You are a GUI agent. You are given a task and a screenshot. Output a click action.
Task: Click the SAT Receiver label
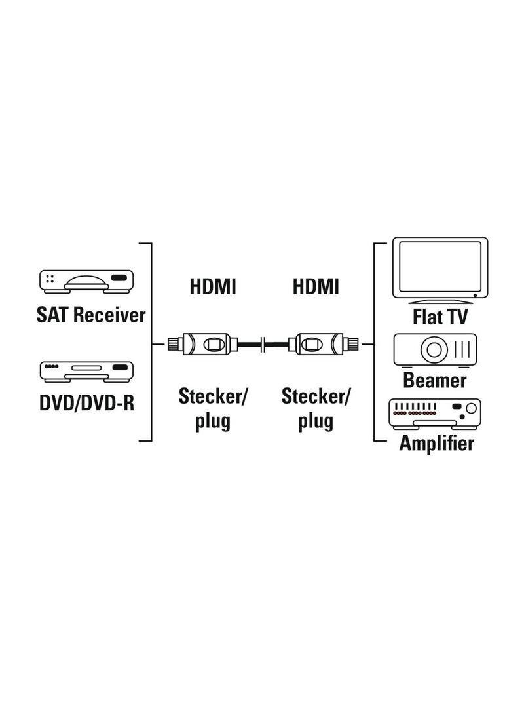tap(90, 315)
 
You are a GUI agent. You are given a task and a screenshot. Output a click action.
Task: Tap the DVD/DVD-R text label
tap(86, 402)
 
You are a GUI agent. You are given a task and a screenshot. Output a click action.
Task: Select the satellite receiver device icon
tap(86, 281)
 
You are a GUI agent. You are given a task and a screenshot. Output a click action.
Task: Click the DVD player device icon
tap(86, 372)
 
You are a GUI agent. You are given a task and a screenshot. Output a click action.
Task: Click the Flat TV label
tap(440, 317)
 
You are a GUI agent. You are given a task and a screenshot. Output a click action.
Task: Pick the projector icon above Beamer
tap(435, 350)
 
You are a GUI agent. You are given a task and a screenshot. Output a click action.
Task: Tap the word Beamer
tap(435, 380)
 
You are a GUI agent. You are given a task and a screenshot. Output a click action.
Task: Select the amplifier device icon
tap(435, 414)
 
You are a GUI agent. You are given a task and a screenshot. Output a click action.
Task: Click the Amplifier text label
tap(436, 443)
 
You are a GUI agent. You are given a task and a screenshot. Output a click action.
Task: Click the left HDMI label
tap(213, 287)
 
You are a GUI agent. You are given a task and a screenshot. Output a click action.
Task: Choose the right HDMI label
tap(316, 287)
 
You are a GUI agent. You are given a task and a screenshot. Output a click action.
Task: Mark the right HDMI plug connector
tap(324, 344)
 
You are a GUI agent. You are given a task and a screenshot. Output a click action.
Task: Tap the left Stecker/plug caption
tap(212, 408)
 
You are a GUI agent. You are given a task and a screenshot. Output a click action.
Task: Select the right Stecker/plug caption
tap(316, 408)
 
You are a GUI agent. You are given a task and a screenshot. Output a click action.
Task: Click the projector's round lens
tap(434, 350)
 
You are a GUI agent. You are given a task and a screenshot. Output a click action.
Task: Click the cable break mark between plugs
tap(263, 344)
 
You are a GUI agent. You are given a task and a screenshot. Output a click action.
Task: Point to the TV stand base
tap(440, 301)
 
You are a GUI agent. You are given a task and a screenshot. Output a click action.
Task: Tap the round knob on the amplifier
tap(471, 408)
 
